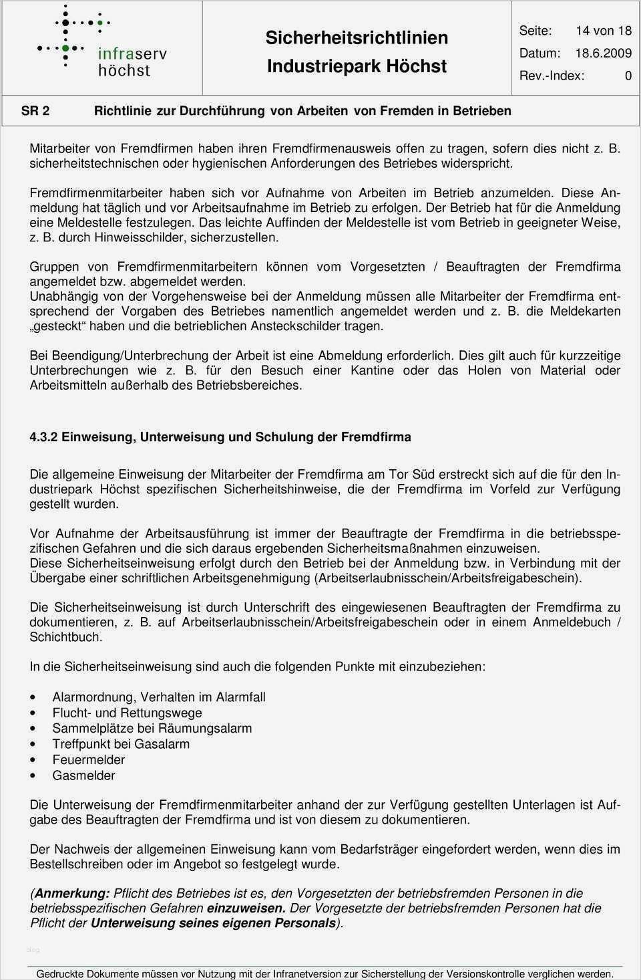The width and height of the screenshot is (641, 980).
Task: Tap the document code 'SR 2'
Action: pyautogui.click(x=35, y=111)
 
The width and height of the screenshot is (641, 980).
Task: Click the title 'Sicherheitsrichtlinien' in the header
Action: pyautogui.click(x=357, y=37)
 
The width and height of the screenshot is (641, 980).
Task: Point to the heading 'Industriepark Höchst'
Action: pyautogui.click(x=357, y=66)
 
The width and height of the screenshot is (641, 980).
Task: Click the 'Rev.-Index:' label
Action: pyautogui.click(x=552, y=76)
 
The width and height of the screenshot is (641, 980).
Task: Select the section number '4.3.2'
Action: pyautogui.click(x=45, y=437)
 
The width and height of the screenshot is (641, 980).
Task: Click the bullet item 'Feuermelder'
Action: pyautogui.click(x=89, y=759)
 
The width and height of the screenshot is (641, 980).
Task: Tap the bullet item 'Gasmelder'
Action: pyautogui.click(x=83, y=775)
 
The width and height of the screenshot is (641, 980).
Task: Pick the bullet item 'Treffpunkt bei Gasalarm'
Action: pyautogui.click(x=121, y=743)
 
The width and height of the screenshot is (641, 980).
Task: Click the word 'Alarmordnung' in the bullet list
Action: pyautogui.click(x=93, y=697)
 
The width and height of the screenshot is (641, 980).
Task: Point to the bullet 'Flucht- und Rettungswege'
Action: pyautogui.click(x=127, y=713)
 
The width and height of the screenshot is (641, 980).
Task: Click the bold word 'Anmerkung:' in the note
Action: pyautogui.click(x=71, y=893)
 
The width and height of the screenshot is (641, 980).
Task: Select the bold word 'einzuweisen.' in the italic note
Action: pyautogui.click(x=246, y=908)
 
